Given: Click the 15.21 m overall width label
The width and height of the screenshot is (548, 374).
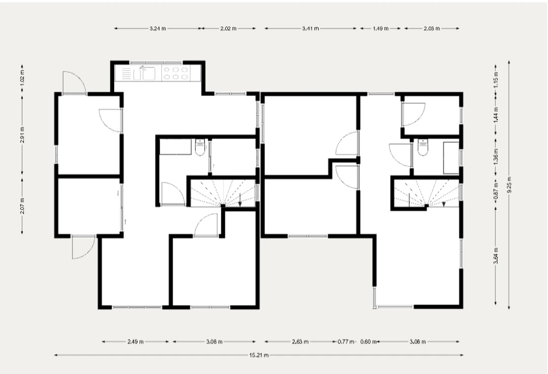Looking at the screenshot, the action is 259,355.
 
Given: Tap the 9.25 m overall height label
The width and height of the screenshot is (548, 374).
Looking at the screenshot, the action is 509,185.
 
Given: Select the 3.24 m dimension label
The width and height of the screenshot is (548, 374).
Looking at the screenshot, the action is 158,28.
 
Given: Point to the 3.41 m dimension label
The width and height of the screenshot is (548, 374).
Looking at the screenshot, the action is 311,28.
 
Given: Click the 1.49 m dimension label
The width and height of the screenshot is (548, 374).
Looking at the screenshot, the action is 380,28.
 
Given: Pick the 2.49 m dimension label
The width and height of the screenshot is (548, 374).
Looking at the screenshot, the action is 135,342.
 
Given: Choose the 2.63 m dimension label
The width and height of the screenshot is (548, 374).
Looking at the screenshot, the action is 300,342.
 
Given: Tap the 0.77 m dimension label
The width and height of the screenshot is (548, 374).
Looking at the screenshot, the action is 346,342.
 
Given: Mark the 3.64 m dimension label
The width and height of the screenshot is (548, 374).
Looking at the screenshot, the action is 496,256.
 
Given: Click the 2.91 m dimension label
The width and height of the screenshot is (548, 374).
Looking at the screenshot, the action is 22,135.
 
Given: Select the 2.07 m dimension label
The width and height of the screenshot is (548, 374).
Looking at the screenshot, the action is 22,206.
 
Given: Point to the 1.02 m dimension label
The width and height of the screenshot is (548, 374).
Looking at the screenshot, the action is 22,79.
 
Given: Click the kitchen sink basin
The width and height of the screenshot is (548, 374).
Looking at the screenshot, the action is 148,74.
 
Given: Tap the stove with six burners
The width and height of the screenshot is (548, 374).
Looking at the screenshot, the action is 176,73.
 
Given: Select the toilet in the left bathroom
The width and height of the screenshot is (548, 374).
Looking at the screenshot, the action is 200,147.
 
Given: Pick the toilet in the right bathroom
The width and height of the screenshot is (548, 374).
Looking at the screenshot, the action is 423,147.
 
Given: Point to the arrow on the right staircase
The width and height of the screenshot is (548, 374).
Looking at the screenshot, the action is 444,204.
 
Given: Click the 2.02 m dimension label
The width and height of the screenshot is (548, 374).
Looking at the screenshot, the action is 228,28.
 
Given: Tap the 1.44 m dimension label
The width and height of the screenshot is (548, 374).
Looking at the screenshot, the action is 496,114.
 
